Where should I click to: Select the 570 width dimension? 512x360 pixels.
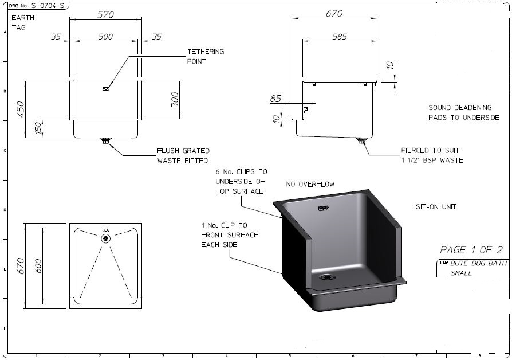[105, 15]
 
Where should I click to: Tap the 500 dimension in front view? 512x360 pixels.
[105, 37]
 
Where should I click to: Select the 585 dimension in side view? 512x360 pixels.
[339, 37]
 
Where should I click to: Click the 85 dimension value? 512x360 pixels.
[275, 99]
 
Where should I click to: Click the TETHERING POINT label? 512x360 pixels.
[206, 56]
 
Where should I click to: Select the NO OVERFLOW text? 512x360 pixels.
[310, 184]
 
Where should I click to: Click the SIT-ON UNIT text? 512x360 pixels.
[436, 206]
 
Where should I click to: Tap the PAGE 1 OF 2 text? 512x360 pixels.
[471, 249]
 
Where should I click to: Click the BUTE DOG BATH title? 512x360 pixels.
[479, 263]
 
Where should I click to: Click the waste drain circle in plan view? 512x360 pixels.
[105, 238]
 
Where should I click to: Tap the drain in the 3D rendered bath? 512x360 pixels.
[328, 276]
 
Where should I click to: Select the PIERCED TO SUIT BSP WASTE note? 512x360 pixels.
[432, 155]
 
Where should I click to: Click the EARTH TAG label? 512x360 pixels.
[23, 22]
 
